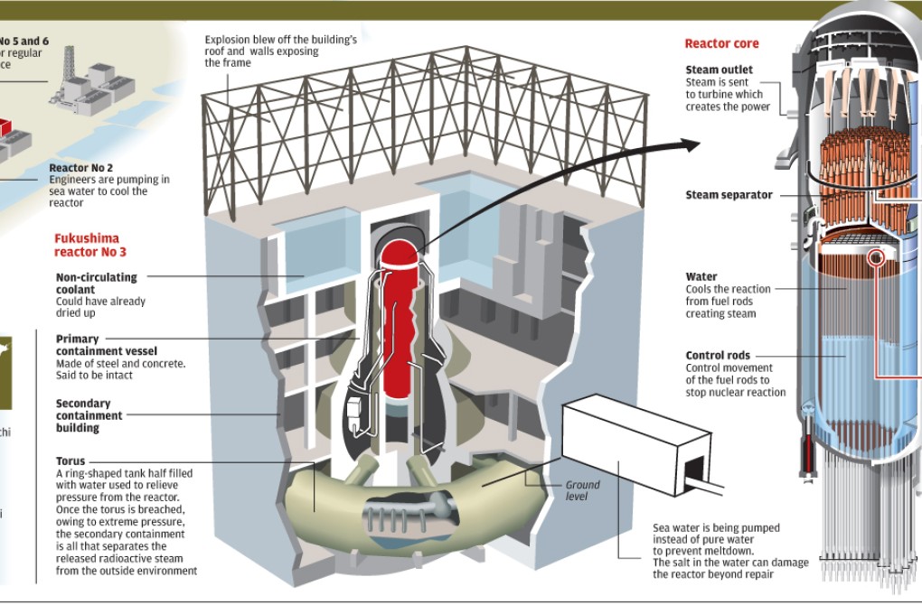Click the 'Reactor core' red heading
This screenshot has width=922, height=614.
tap(721, 43)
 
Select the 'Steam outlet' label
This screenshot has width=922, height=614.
tap(719, 70)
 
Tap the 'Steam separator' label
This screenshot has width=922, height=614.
tap(729, 195)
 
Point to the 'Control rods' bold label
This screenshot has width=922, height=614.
tap(718, 356)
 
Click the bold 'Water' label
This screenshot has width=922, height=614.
tap(701, 277)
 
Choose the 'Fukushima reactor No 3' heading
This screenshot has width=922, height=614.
tap(86, 246)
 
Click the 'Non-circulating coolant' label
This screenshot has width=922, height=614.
tap(97, 283)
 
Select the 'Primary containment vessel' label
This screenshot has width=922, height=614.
tap(106, 345)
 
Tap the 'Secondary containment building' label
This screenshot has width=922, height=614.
tap(89, 415)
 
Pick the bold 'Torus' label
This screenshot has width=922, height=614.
tap(71, 461)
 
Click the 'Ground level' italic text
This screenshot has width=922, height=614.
tap(582, 490)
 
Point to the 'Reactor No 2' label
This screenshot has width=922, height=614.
tap(81, 167)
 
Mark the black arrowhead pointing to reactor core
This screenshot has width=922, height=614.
tap(691, 144)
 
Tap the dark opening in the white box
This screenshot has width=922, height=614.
tap(695, 471)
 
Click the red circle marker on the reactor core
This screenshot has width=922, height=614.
tap(875, 258)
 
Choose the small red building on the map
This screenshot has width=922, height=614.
tap(7, 126)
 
